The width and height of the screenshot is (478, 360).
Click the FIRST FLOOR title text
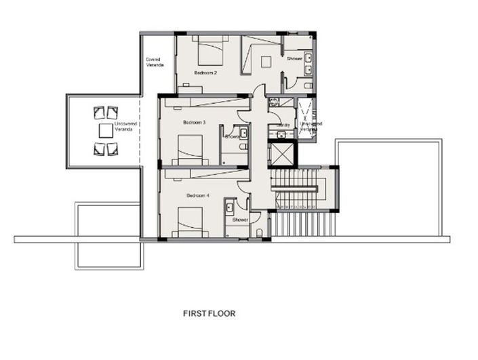coord(209,314)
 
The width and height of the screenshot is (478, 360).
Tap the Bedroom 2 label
coord(205,72)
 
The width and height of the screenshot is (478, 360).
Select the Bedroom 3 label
coord(194,123)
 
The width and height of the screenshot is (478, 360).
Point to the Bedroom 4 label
coord(197,196)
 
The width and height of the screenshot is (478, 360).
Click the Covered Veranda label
coord(155,62)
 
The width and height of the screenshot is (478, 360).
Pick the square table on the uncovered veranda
coord(105,130)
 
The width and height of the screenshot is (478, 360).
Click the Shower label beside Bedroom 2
coord(294,59)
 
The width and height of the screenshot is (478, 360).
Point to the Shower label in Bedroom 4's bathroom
coord(241,220)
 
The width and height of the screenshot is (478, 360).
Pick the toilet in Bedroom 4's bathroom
coord(260,234)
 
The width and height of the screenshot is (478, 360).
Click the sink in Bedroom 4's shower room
coord(231,205)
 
